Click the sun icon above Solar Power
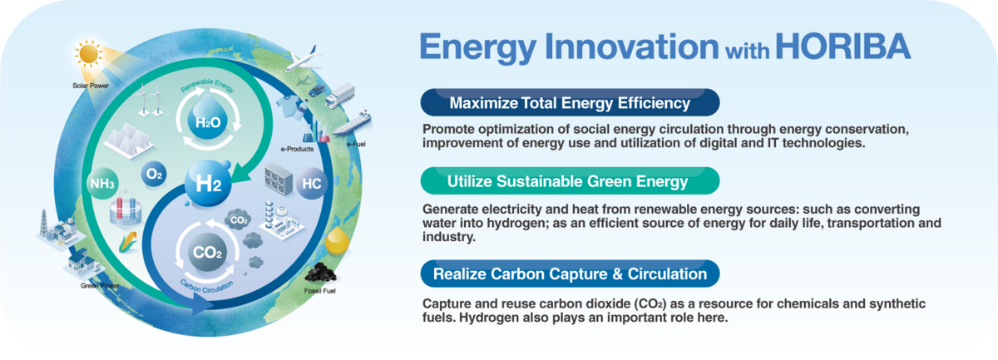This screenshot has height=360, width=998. click(x=89, y=54)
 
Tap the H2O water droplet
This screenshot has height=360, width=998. click(x=208, y=119)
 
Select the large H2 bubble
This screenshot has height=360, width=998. click(x=208, y=183)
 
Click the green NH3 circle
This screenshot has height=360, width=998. click(x=102, y=183)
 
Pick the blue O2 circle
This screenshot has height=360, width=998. click(x=154, y=175)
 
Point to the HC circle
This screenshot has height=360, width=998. click(x=311, y=184)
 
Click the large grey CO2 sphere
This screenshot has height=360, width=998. click(x=207, y=252)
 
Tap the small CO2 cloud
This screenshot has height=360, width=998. click(x=239, y=220)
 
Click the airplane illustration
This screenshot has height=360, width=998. click(x=304, y=58)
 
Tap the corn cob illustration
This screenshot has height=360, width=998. click(x=128, y=243)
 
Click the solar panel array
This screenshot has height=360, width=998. click(x=128, y=141)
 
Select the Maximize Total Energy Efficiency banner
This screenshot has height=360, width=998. click(x=570, y=102)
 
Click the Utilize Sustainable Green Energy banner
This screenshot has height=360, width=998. click(x=570, y=181)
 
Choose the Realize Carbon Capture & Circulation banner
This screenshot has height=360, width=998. click(x=570, y=274)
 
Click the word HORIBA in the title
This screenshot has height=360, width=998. click(x=843, y=47)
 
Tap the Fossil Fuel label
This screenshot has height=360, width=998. click(x=320, y=291)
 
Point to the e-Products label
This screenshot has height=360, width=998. click(x=297, y=149)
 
